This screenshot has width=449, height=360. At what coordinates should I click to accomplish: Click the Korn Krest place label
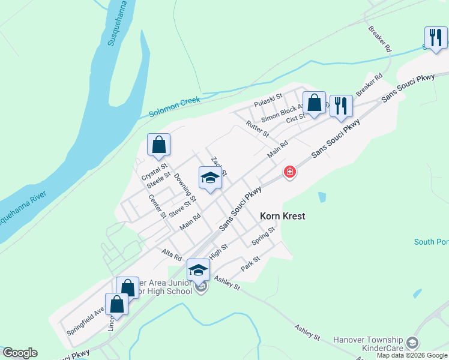(x=283, y=215)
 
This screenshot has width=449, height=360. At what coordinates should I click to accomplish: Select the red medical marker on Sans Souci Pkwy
(x=290, y=172)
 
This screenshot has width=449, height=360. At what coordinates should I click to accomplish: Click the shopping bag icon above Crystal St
(x=158, y=145)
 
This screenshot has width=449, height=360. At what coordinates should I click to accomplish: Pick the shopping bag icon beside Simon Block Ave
(x=314, y=103)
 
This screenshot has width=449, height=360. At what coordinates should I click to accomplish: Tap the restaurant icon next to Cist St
(x=341, y=106)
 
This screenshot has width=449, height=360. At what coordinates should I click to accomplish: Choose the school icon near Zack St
(x=210, y=178)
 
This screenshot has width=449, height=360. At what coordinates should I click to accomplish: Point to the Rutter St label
(x=257, y=128)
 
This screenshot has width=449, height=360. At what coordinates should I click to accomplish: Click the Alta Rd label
(x=172, y=254)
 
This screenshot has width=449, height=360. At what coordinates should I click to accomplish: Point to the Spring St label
(x=263, y=235)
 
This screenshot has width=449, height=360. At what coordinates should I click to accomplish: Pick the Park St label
(x=250, y=263)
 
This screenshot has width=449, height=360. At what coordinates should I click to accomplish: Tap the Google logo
(x=19, y=353)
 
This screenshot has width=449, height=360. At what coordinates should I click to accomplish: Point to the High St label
(x=218, y=250)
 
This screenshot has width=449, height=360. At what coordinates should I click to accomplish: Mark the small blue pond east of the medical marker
(x=322, y=196)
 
